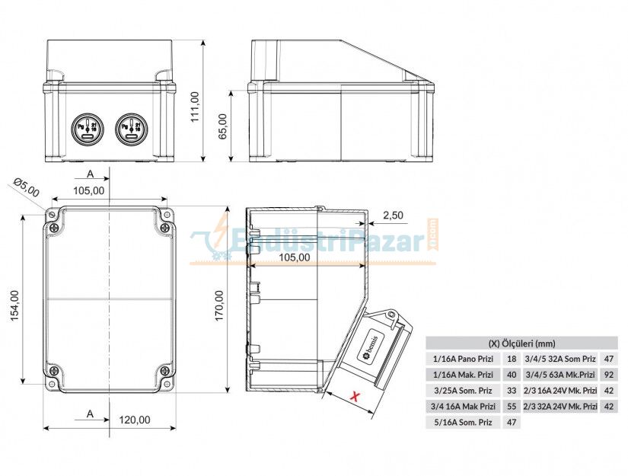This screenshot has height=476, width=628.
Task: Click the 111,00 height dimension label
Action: (195, 107)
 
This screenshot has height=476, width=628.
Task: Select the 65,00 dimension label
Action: (222, 126)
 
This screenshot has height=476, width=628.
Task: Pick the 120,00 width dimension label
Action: (135, 420)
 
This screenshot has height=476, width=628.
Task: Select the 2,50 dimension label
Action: (393, 216)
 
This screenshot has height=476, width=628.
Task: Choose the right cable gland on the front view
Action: (129, 128)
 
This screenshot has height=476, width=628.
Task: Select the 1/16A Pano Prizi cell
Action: (463, 358)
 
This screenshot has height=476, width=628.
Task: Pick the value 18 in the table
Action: (512, 358)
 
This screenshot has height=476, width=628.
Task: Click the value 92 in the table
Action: (608, 374)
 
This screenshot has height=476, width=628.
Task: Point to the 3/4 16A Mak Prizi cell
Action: (463, 407)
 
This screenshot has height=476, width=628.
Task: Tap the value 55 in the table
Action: (512, 407)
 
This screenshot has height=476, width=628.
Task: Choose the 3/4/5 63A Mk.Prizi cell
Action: (559, 374)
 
